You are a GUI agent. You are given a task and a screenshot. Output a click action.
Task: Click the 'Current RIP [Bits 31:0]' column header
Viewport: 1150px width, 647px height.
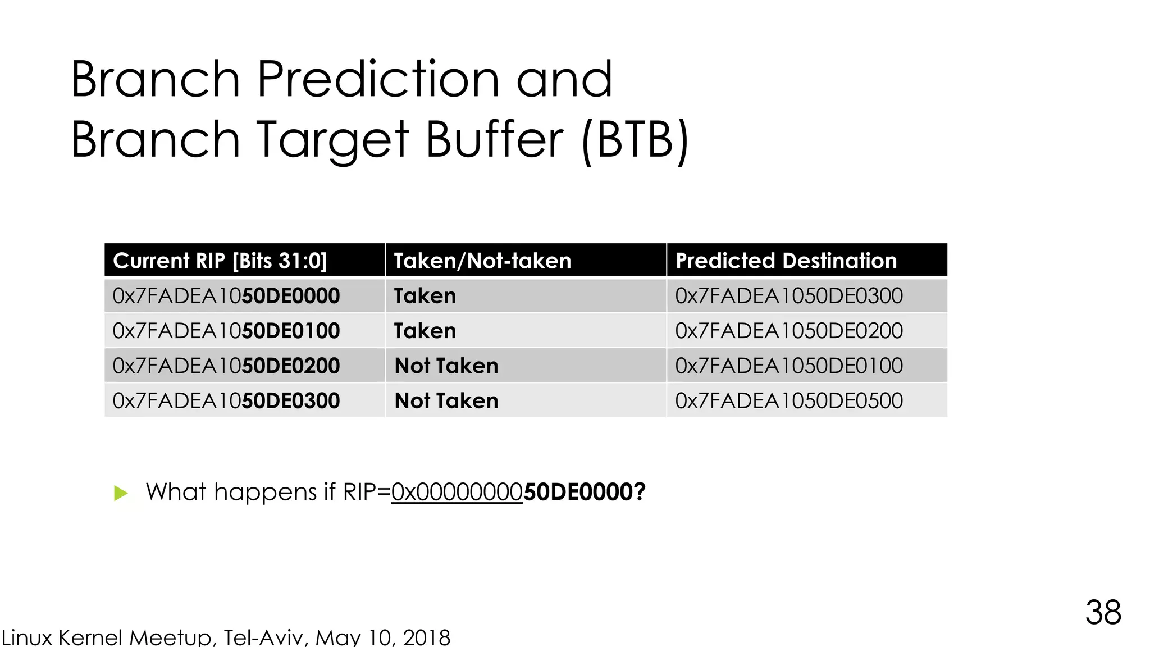pyautogui.click(x=220, y=261)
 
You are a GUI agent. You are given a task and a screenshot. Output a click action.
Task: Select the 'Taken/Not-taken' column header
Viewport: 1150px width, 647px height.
pyautogui.click(x=482, y=261)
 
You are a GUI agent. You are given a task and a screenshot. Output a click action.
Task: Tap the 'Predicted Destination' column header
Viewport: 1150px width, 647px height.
pyautogui.click(x=786, y=261)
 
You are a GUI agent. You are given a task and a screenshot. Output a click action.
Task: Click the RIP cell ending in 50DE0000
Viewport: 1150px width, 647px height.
pyautogui.click(x=226, y=296)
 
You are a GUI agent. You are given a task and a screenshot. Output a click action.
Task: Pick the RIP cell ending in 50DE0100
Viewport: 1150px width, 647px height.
pyautogui.click(x=226, y=331)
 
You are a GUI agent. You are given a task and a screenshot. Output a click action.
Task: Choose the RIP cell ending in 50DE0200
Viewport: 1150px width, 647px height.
pyautogui.click(x=226, y=366)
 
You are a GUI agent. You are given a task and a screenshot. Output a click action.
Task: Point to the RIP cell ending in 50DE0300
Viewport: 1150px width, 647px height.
pyautogui.click(x=226, y=400)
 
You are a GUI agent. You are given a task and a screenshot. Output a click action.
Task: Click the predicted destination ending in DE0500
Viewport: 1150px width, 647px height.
pyautogui.click(x=789, y=400)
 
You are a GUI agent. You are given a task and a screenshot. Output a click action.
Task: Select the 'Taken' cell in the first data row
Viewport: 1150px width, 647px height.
pyautogui.click(x=425, y=296)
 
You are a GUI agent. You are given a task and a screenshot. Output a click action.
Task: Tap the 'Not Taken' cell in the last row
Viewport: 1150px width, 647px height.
pyautogui.click(x=446, y=400)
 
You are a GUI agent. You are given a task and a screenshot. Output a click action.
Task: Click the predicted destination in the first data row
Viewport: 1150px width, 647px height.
pyautogui.click(x=789, y=296)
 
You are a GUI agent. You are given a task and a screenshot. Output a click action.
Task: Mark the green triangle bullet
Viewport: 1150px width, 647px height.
pyautogui.click(x=121, y=493)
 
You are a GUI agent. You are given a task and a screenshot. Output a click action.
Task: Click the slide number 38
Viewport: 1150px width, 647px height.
pyautogui.click(x=1103, y=612)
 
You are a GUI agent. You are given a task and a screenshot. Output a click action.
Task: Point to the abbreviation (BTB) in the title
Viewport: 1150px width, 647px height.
pyautogui.click(x=635, y=140)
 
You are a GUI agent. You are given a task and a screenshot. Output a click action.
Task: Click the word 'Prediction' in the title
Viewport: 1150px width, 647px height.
pyautogui.click(x=378, y=80)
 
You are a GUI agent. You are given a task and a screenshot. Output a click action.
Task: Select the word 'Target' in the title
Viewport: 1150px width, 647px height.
pyautogui.click(x=333, y=140)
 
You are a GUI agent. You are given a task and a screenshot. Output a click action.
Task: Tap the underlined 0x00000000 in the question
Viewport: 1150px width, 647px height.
pyautogui.click(x=457, y=492)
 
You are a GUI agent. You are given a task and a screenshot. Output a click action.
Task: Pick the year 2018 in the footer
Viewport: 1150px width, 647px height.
pyautogui.click(x=426, y=637)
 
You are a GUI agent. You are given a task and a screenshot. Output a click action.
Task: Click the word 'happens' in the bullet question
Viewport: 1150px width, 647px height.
pyautogui.click(x=266, y=492)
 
